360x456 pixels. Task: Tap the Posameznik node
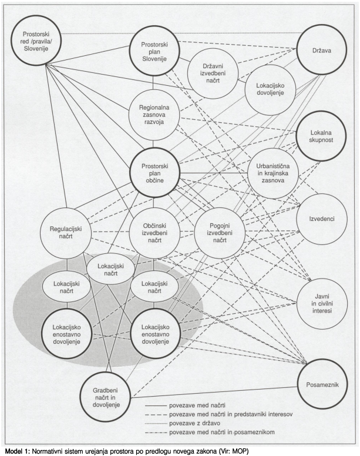click(322, 388)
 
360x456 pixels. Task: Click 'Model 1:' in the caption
click(20, 451)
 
